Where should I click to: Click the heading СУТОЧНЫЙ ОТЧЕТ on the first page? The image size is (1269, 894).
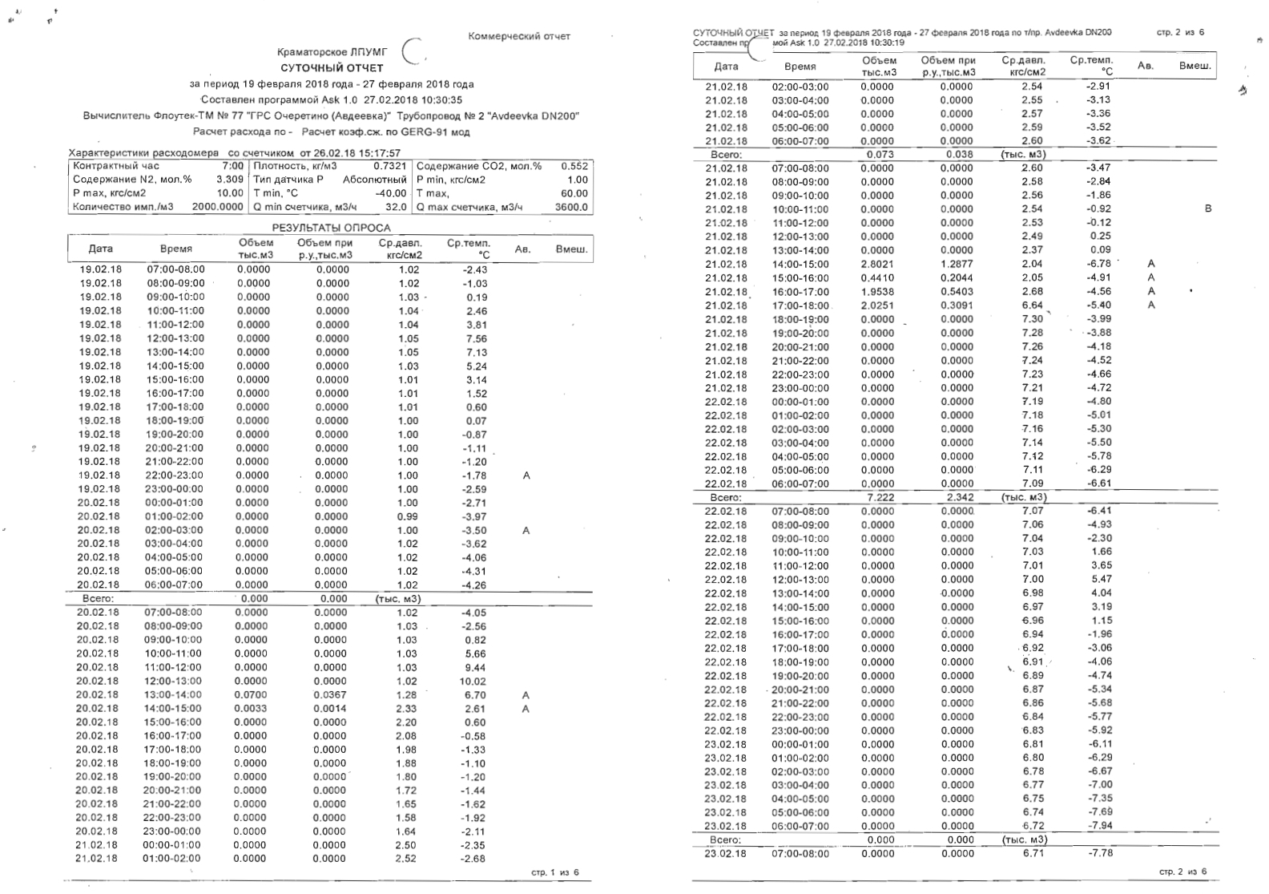click(332, 68)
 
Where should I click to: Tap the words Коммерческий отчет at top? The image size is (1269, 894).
click(519, 36)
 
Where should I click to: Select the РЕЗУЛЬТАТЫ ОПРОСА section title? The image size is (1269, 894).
click(331, 228)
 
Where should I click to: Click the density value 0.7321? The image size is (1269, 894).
click(389, 166)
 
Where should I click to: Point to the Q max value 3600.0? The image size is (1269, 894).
click(571, 207)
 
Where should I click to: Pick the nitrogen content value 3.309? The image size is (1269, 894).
click(230, 180)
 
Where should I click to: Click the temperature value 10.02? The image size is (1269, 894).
click(473, 682)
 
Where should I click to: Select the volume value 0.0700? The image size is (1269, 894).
click(251, 695)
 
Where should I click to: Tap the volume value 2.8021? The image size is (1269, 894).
click(876, 264)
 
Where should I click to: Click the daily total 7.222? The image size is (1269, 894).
click(880, 497)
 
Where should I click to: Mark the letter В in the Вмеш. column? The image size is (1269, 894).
click(1208, 208)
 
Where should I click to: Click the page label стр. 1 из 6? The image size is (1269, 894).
click(555, 872)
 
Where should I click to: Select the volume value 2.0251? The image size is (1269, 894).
click(876, 305)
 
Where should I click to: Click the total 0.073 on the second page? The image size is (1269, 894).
click(880, 154)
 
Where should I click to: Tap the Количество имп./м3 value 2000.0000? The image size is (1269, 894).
click(217, 207)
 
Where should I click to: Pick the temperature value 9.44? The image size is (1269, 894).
click(475, 668)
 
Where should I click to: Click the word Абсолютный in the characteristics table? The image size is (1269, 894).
click(375, 180)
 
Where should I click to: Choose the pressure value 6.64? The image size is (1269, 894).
click(1032, 305)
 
